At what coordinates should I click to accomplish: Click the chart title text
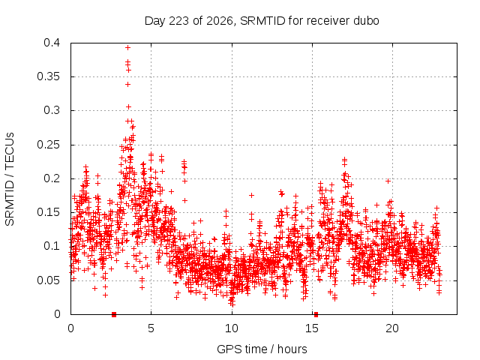click(x=262, y=21)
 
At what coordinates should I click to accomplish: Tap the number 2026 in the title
click(x=220, y=21)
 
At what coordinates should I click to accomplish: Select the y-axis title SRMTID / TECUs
click(x=10, y=179)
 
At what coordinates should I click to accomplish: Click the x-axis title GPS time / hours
click(x=262, y=349)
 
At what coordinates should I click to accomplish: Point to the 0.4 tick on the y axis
click(x=52, y=43)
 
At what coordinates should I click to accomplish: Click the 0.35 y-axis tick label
click(x=49, y=76)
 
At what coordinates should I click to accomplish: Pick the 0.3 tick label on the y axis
click(x=52, y=110)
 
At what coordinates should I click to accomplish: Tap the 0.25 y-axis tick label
click(x=49, y=145)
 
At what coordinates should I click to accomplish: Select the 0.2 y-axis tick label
click(x=52, y=178)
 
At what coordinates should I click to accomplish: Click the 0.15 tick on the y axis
click(x=49, y=212)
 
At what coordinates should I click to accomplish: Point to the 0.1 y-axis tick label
click(x=52, y=246)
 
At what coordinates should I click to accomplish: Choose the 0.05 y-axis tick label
click(x=49, y=280)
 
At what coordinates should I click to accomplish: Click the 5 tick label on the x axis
click(x=151, y=328)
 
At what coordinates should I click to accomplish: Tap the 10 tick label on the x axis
click(x=232, y=328)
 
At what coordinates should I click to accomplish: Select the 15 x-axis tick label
click(x=312, y=328)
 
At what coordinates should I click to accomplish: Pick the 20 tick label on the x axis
click(x=392, y=328)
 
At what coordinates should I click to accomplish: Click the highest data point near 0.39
click(x=128, y=47)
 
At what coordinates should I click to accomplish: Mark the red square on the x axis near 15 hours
click(x=316, y=314)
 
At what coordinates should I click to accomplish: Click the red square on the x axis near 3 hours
click(x=114, y=314)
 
